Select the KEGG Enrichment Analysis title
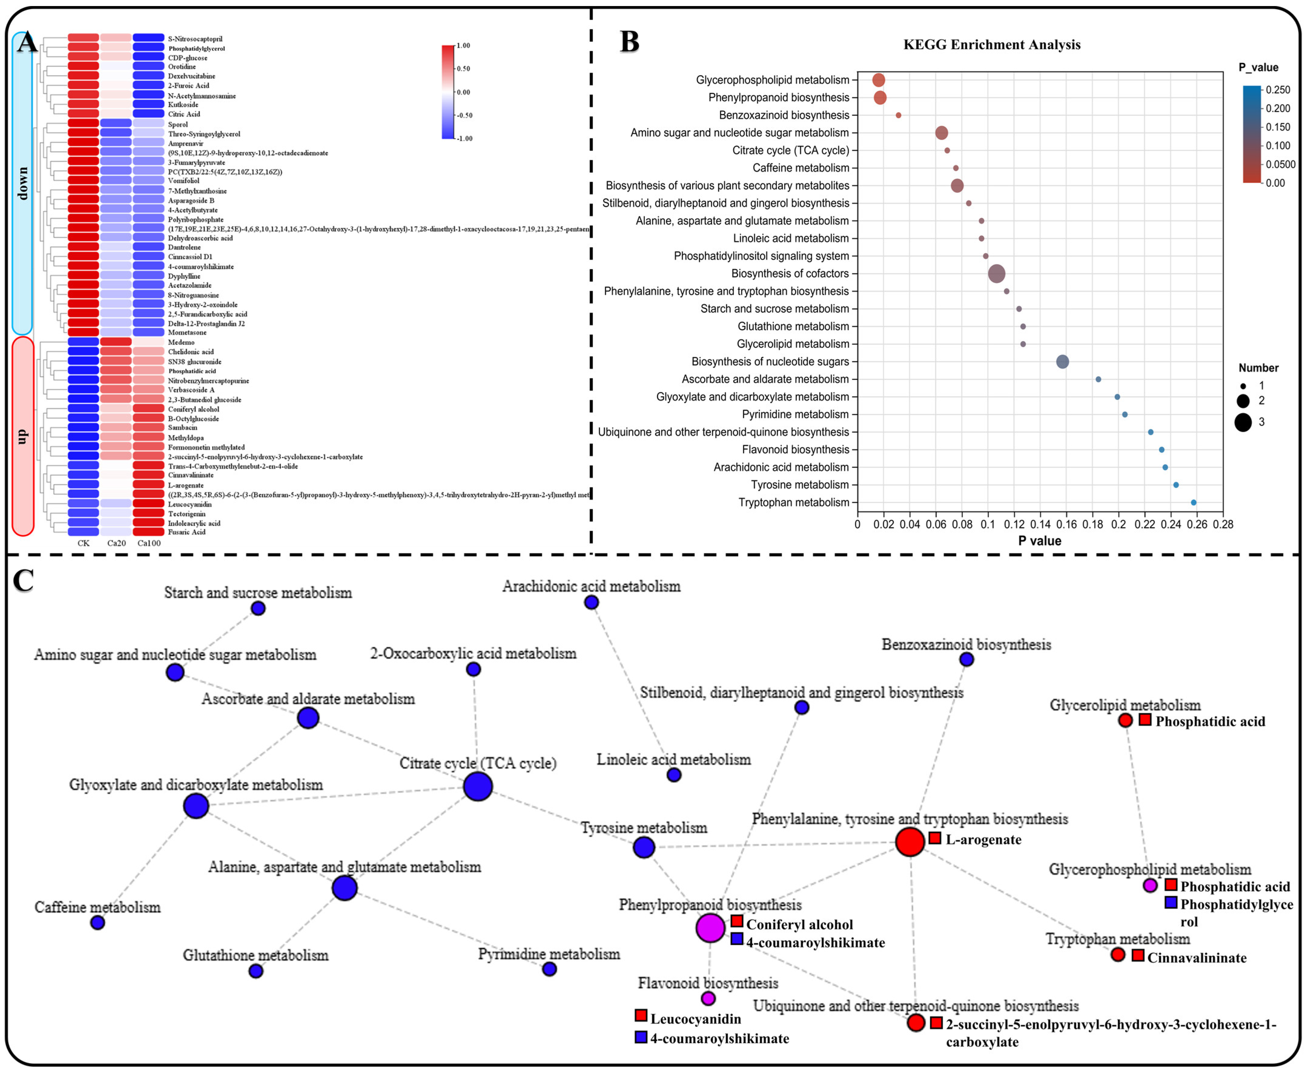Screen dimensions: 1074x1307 click(992, 45)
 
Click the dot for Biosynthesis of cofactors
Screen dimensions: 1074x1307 click(996, 274)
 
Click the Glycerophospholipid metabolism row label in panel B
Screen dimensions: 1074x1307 click(772, 80)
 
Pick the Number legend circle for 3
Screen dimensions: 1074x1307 click(1243, 423)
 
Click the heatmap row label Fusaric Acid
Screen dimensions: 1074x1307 click(187, 532)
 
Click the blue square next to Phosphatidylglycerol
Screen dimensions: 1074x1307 click(1170, 903)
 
